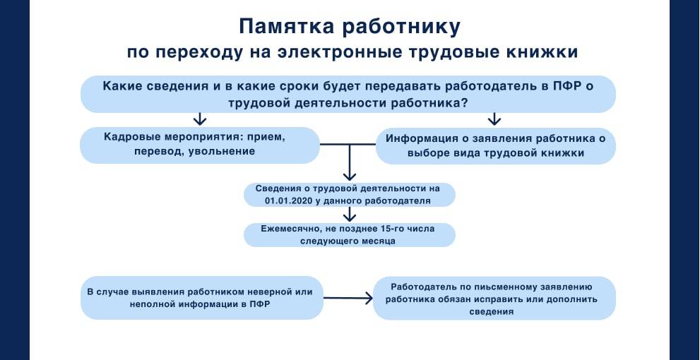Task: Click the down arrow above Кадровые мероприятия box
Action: coord(200,118)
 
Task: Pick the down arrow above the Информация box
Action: coord(494,118)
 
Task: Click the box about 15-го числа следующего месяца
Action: coord(349,234)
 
